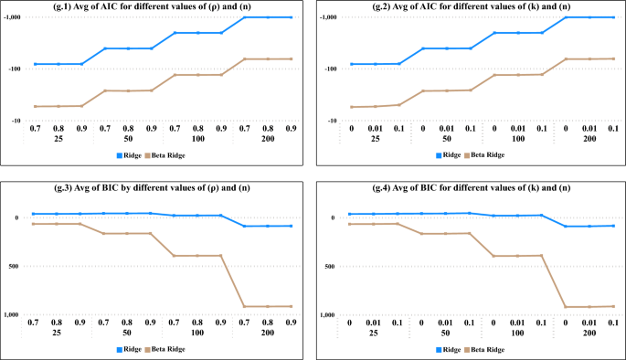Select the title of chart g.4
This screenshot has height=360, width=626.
click(470, 187)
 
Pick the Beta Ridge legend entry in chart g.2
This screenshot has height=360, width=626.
click(484, 154)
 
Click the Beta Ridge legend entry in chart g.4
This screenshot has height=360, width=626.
click(484, 349)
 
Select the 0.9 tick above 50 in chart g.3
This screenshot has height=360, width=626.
click(151, 323)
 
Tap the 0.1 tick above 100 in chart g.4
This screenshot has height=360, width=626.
click(541, 323)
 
